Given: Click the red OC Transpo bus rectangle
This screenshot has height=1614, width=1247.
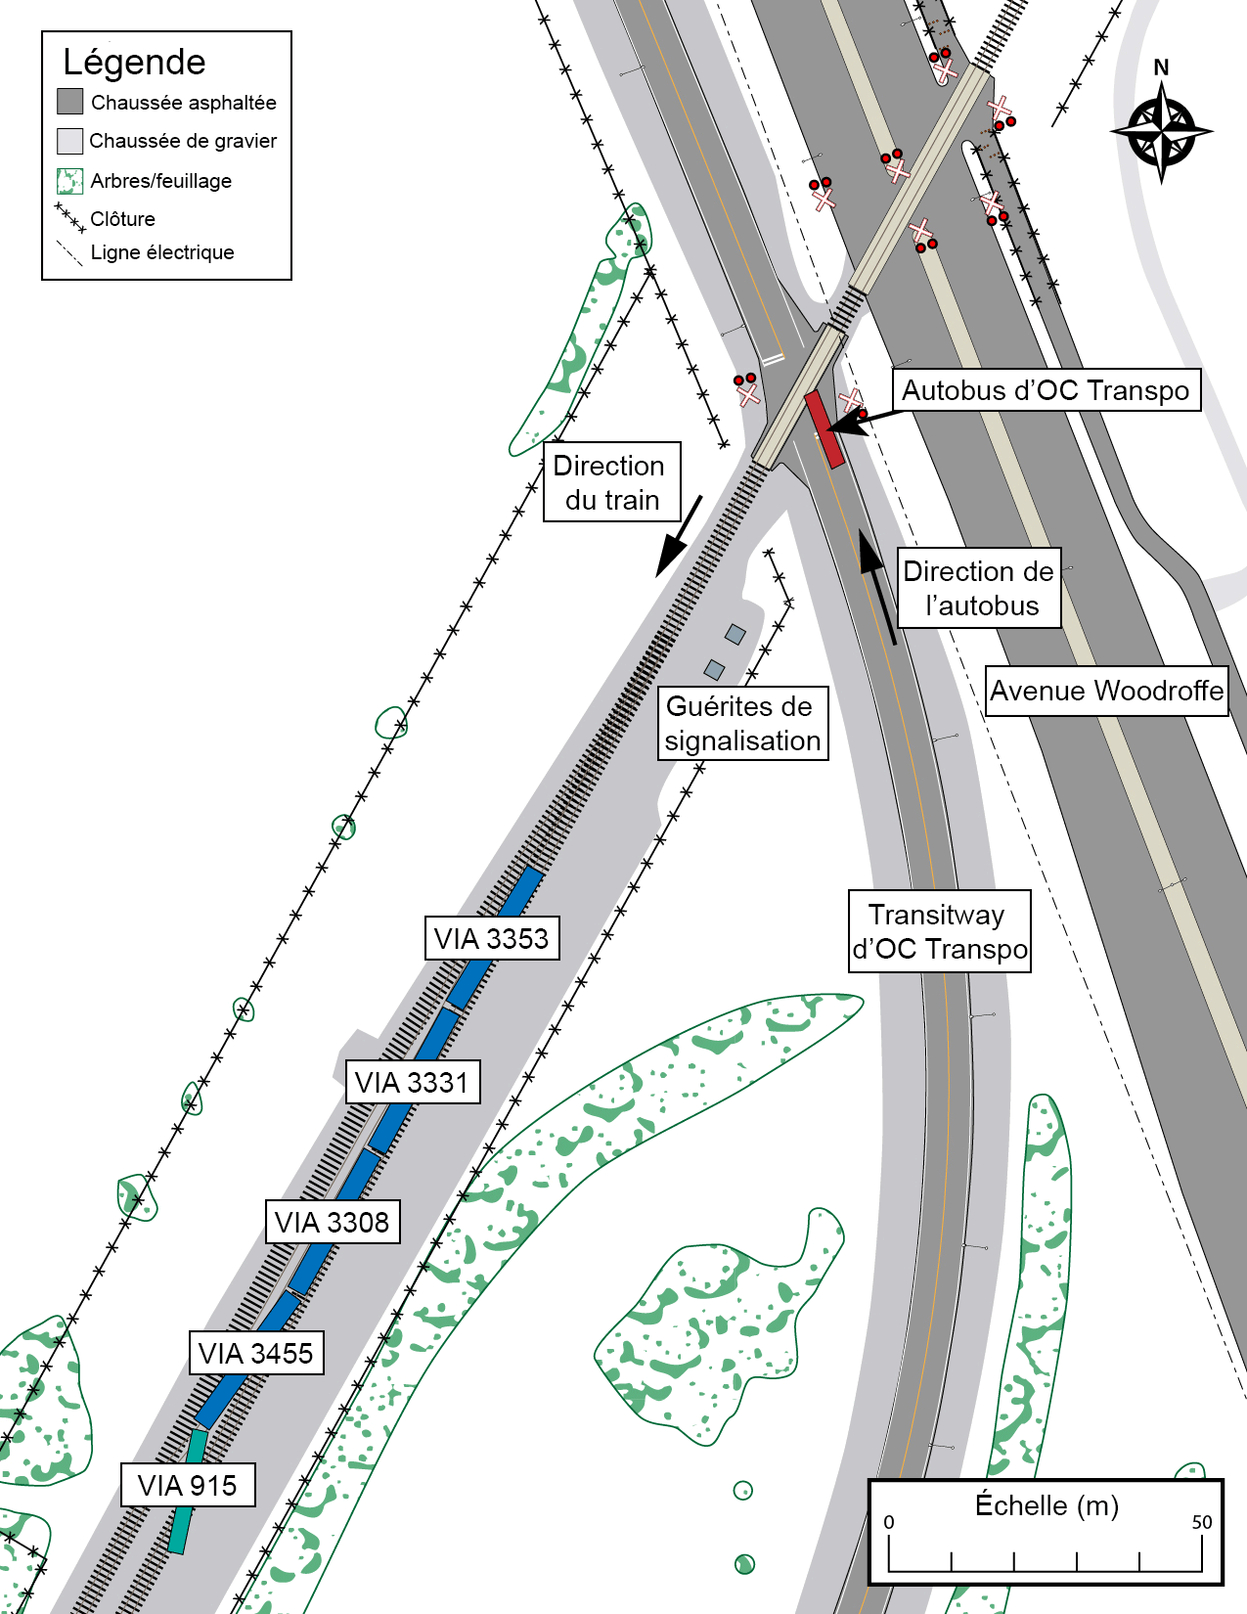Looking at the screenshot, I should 824,428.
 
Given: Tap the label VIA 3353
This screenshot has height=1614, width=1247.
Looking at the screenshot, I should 491,938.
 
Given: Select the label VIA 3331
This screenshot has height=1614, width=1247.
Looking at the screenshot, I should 412,1082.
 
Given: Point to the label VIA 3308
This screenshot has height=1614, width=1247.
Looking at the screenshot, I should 332,1222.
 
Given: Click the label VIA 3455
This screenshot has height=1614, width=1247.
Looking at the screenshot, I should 255,1353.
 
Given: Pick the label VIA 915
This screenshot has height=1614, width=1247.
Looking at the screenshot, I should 187,1485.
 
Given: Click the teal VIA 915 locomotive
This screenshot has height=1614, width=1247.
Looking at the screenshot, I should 187,1492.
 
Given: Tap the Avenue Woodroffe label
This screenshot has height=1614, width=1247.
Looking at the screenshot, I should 1106,691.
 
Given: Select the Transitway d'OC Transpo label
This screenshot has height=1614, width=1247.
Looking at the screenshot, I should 939,931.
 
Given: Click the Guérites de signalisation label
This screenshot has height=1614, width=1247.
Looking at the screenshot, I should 742,724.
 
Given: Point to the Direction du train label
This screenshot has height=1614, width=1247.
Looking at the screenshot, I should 611,482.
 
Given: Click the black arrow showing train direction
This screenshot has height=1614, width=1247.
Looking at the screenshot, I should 679,536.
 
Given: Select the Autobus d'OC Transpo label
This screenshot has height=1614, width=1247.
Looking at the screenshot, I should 1046,390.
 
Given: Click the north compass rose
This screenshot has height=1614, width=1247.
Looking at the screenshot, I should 1161,131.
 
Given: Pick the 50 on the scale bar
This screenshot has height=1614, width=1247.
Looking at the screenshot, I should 1201,1522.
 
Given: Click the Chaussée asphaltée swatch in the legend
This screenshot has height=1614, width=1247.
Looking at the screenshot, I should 70,102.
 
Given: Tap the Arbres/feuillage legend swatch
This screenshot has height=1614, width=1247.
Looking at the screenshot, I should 70,181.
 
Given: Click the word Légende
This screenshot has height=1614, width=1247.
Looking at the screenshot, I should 134,63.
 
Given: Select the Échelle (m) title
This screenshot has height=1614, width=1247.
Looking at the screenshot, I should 1047,1504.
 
